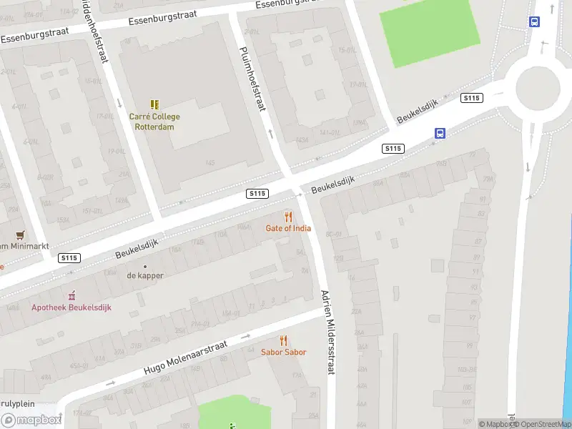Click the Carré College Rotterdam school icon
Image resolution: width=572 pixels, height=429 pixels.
pyautogui.click(x=154, y=104)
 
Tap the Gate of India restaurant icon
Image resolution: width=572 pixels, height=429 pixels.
pyautogui.click(x=288, y=217)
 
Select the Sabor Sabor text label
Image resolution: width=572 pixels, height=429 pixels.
pyautogui.click(x=283, y=352)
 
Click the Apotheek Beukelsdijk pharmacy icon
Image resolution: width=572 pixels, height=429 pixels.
pyautogui.click(x=71, y=295)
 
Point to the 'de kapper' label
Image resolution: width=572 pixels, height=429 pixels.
pyautogui.click(x=145, y=275)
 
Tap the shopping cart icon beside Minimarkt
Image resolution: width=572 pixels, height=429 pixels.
pyautogui.click(x=20, y=235)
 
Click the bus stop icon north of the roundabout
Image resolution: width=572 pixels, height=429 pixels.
pyautogui.click(x=534, y=22)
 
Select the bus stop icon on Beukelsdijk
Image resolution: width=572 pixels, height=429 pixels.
pyautogui.click(x=440, y=133)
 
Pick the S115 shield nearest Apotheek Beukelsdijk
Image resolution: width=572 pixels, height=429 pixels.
pyautogui.click(x=70, y=257)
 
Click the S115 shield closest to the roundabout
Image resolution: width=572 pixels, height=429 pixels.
pyautogui.click(x=471, y=98)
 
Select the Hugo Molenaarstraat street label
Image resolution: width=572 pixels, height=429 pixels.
pyautogui.click(x=185, y=357)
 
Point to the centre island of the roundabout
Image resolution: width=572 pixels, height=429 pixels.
pyautogui.click(x=538, y=89)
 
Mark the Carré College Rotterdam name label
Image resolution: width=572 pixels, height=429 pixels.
pyautogui.click(x=154, y=122)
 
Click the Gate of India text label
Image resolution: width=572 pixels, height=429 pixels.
pyautogui.click(x=288, y=229)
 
